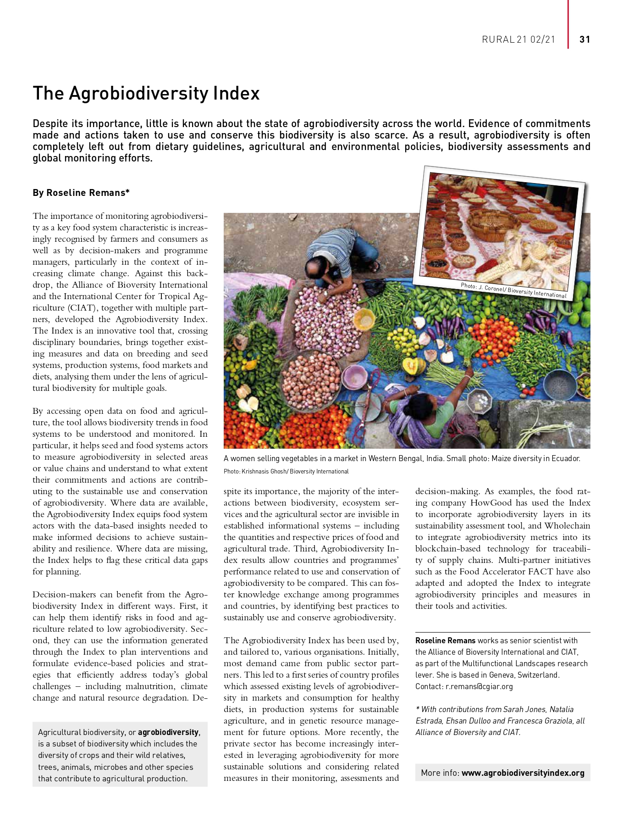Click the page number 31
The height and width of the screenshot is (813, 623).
584,39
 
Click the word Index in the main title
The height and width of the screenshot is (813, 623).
236,94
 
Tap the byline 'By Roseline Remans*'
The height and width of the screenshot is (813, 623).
81,193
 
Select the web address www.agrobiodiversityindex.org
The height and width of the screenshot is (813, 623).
523,773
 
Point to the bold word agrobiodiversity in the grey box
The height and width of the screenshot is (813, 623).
169,732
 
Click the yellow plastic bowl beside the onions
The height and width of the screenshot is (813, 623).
364,317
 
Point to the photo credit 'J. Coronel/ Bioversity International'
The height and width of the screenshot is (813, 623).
513,290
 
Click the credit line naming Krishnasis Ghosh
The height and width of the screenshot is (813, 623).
286,471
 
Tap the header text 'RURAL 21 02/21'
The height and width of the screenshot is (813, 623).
518,39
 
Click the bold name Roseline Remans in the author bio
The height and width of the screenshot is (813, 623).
445,640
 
